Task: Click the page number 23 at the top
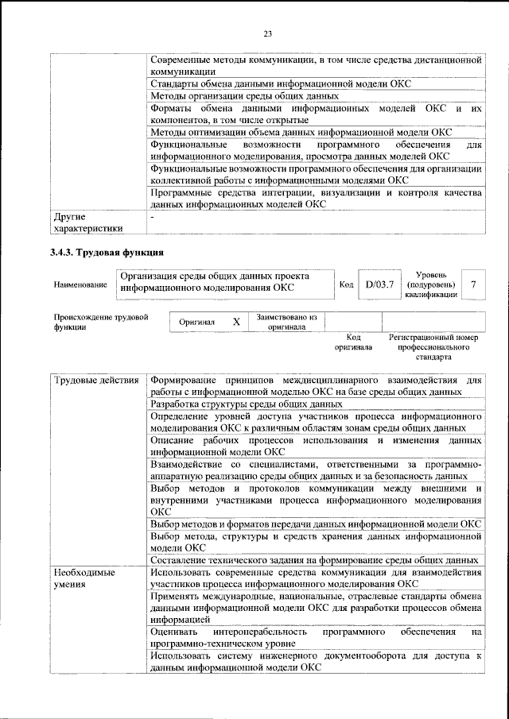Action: coord(268,33)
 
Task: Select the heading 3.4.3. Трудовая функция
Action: coord(107,253)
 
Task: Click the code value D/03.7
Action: coord(379,284)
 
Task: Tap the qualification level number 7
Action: coord(474,284)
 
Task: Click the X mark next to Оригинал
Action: coord(236,323)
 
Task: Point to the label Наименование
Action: coord(80,284)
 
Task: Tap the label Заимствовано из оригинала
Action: coord(287,322)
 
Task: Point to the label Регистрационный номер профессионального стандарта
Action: coord(433,347)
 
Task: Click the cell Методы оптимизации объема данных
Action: coord(301,132)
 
